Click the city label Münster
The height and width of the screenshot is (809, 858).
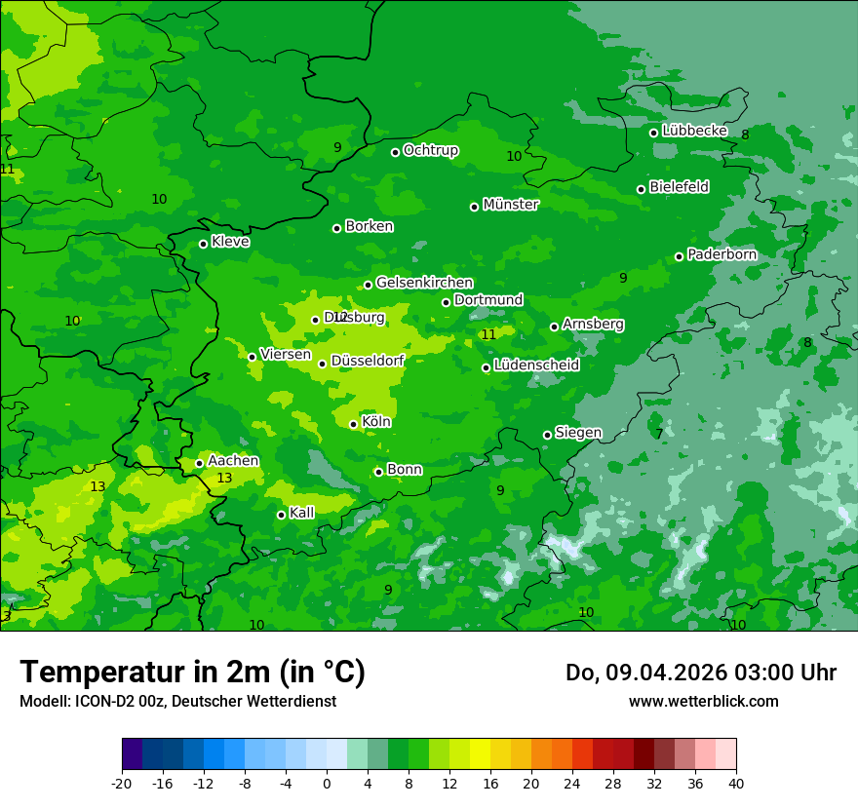(510, 205)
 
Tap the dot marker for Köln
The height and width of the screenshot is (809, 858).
(353, 424)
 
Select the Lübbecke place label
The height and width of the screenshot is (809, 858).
(694, 131)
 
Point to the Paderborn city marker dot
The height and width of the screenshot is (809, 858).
(679, 256)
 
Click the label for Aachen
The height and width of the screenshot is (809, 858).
(233, 461)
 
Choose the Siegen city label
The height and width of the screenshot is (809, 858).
(578, 433)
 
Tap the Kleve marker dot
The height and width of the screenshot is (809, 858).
(203, 244)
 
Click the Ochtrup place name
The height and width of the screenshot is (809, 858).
(430, 150)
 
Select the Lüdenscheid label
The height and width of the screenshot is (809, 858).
(536, 366)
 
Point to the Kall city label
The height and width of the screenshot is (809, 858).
(302, 513)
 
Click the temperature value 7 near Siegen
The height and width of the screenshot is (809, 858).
(659, 434)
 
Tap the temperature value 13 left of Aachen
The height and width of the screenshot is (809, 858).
(97, 486)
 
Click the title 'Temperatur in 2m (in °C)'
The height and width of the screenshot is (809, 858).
(192, 673)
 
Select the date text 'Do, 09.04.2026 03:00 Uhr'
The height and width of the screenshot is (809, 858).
(700, 673)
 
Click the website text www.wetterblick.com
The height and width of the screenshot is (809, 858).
(703, 701)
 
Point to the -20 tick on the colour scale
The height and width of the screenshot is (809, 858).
(122, 783)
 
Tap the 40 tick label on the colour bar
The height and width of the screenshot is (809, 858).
(736, 783)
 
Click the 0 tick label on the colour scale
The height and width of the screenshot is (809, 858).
(327, 783)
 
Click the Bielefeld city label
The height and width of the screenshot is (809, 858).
(679, 187)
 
